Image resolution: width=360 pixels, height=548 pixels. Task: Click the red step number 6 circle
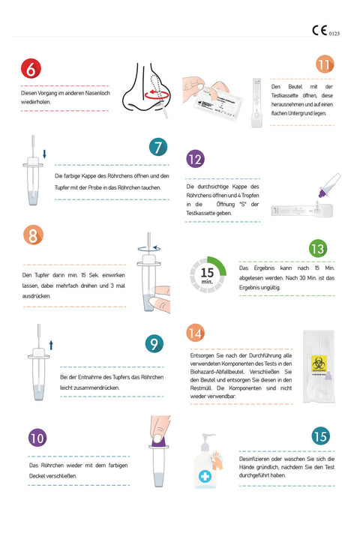pos(31,69)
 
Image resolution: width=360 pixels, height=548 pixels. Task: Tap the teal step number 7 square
pos(157,147)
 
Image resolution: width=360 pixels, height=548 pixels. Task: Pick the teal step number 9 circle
pos(154,343)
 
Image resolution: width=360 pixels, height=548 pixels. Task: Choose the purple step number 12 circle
pos(194,159)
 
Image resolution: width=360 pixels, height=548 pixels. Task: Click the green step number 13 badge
pos(317,248)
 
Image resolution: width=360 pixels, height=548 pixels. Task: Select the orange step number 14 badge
pos(194,333)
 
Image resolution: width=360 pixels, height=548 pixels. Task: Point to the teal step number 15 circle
pos(320,436)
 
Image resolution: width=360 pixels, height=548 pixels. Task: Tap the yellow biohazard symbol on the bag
pos(319,364)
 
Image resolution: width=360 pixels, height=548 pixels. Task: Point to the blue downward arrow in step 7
pos(44,154)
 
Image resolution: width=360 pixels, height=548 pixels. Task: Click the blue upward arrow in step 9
pos(51,344)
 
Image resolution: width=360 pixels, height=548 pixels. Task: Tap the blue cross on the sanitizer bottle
pos(204,475)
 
